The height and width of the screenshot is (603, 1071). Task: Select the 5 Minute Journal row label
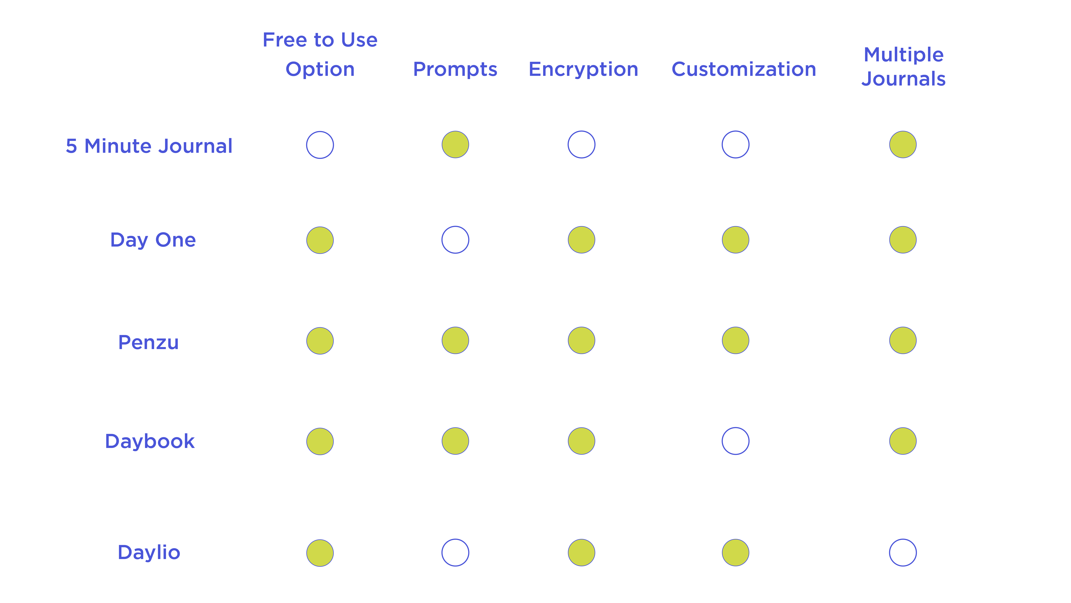tap(149, 146)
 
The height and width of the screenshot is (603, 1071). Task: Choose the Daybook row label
tap(150, 441)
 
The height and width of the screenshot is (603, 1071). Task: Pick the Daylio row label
tap(149, 552)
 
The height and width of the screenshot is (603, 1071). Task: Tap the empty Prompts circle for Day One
tap(455, 240)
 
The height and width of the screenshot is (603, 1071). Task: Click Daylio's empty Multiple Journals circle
tap(903, 553)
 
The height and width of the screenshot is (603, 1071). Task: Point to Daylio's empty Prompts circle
tap(455, 553)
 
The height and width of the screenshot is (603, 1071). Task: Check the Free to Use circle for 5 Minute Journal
tap(320, 145)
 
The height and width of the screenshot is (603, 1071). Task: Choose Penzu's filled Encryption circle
tap(581, 340)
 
